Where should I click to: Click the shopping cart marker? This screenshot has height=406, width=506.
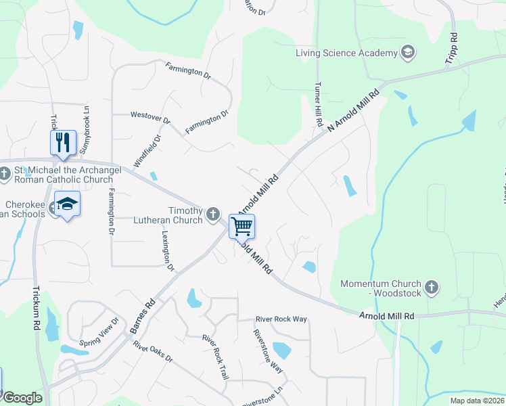coord(241,225)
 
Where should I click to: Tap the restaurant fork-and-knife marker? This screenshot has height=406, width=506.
coord(62,142)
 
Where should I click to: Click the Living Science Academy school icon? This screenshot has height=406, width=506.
coord(408,52)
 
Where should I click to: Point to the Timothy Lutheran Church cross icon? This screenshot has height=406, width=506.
coord(214,214)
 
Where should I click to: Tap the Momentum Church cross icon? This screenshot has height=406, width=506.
coord(432,288)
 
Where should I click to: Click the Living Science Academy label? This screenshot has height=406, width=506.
coord(346,53)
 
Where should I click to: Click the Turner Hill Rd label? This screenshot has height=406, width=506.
coord(317,105)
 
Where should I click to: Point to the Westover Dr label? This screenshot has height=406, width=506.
coord(150,117)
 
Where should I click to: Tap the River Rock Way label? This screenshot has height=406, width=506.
coord(281,319)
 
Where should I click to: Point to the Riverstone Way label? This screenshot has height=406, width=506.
coord(268,351)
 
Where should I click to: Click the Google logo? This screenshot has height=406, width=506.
coord(22,398)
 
